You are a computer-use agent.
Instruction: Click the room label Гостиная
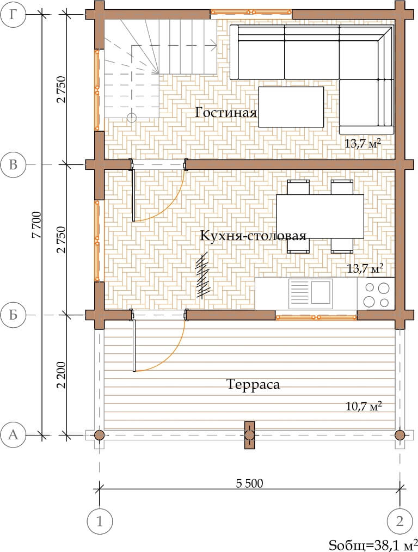point(226,113)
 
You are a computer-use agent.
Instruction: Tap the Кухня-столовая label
point(253,236)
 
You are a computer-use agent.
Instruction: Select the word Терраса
point(253,384)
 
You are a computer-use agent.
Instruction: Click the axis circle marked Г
point(13,15)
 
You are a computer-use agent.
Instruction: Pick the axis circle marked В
point(13,164)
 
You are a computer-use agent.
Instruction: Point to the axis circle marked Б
point(13,315)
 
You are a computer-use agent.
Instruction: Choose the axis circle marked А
point(13,435)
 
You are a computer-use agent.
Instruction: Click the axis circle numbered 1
point(100,521)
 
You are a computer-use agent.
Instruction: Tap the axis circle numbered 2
point(399,521)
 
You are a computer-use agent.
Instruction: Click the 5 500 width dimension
point(249,483)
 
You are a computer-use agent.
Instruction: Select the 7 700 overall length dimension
point(36,225)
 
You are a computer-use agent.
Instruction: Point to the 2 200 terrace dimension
point(61,375)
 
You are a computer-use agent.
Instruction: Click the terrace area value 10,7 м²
point(364,406)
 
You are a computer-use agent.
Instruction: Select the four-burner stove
point(376,294)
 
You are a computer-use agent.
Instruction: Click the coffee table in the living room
point(291,107)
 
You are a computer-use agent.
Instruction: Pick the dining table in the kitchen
point(320,217)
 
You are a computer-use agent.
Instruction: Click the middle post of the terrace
point(250,436)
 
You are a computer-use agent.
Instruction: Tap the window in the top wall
point(251,13)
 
